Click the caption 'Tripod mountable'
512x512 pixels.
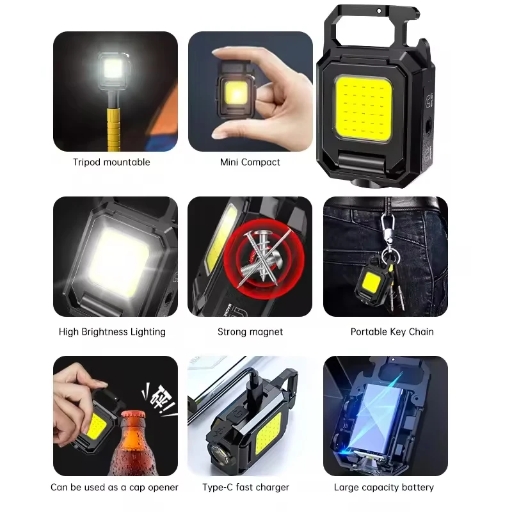click(111, 162)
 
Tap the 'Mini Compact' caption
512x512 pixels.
click(250, 162)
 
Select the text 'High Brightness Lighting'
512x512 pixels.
click(112, 332)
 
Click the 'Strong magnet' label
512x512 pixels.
click(250, 332)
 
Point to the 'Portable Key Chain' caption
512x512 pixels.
click(392, 332)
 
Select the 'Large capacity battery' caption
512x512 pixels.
click(385, 488)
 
